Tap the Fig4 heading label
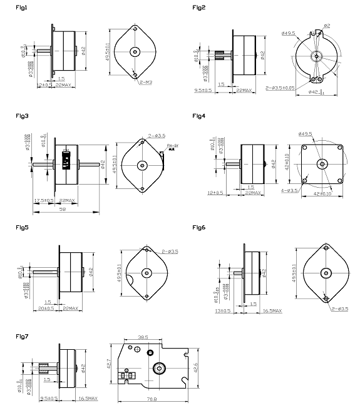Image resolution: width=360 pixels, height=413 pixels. (x=200, y=116)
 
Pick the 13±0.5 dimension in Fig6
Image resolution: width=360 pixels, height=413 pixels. (x=223, y=310)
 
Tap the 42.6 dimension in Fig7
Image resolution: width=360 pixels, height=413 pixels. (x=197, y=368)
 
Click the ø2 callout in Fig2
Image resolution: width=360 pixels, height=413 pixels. (x=327, y=25)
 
